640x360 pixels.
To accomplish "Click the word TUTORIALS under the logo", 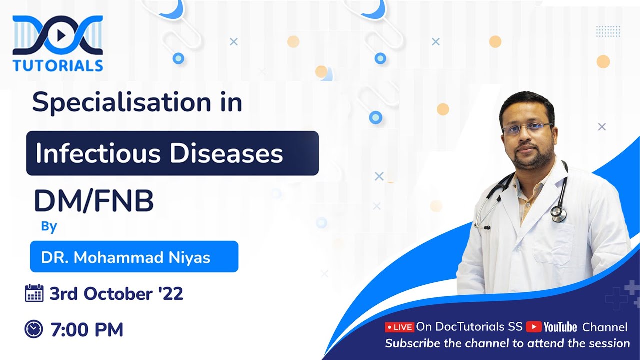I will (x=58, y=66).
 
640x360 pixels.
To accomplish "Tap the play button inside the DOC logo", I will (x=59, y=35).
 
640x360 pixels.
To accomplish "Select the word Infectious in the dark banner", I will (x=97, y=154).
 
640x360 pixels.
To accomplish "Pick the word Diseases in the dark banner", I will (x=226, y=154).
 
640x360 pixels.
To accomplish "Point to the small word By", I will (x=49, y=226).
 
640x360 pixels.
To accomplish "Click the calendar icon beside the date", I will (x=34, y=293).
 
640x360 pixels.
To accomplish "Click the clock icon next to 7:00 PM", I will (x=34, y=329).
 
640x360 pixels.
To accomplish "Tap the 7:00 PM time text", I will (x=87, y=330).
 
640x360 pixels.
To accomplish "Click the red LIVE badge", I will (x=399, y=327).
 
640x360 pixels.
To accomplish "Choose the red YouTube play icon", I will (x=533, y=327).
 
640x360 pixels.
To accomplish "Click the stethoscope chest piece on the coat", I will (x=559, y=214).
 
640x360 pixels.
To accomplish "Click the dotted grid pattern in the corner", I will (x=608, y=31).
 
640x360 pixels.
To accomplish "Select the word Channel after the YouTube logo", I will (x=605, y=327).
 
